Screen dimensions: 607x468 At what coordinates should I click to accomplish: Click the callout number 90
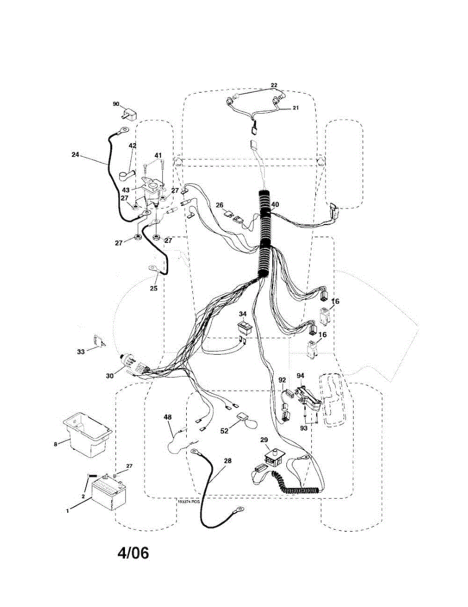(116, 104)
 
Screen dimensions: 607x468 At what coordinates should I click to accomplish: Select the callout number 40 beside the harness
(275, 205)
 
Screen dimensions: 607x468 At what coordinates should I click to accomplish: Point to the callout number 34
(243, 314)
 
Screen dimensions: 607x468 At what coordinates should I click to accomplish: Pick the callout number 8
(56, 444)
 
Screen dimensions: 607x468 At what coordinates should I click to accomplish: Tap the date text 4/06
(134, 553)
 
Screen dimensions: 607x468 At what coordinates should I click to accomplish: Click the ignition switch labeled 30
(133, 364)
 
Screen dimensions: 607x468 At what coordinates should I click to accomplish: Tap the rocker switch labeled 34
(245, 328)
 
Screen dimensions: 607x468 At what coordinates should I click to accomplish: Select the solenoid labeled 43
(152, 192)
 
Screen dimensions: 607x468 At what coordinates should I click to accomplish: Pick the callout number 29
(264, 440)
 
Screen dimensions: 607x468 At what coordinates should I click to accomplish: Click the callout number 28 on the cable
(228, 461)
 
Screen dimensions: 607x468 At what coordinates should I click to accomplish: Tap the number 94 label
(301, 375)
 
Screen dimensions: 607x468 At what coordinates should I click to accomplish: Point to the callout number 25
(153, 288)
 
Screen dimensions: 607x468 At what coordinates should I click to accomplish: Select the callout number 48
(167, 417)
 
